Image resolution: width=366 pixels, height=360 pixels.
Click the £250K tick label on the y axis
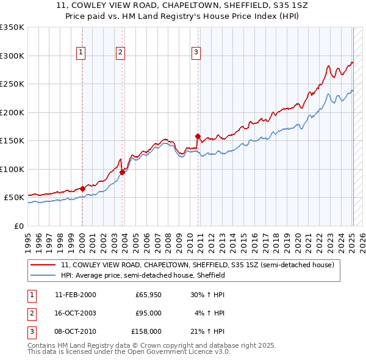tap(12, 84)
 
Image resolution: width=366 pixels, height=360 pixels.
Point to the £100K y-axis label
tap(12, 169)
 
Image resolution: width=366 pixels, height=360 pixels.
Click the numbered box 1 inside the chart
tap(82, 53)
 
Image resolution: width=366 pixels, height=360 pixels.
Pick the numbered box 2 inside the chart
tap(121, 53)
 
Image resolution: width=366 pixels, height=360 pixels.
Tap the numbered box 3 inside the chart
tap(196, 53)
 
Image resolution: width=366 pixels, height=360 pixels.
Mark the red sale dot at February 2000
tap(82, 189)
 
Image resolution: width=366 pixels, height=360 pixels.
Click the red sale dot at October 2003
tap(122, 172)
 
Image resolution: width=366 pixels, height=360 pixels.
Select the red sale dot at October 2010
tap(198, 136)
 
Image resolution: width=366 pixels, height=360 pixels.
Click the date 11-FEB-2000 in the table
tap(75, 295)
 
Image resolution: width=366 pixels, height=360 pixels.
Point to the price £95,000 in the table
tap(148, 313)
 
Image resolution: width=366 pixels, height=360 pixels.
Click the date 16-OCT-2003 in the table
tap(75, 313)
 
